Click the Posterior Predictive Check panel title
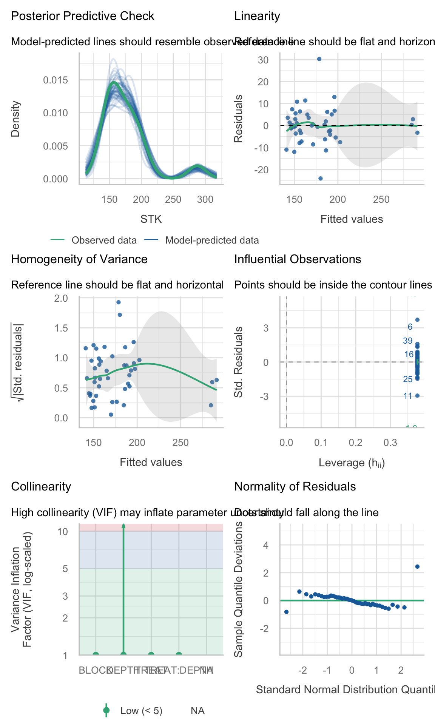point(83,16)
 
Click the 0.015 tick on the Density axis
point(55,80)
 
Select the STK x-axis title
point(151,219)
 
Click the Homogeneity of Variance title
point(79,259)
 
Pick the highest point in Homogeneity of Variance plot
point(118,302)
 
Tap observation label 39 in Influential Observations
point(408,341)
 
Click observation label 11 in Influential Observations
point(408,396)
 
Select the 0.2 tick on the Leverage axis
point(356,443)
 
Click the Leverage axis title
point(352,463)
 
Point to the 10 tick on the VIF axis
point(63,532)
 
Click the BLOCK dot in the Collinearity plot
point(96,655)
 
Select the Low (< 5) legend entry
point(141,711)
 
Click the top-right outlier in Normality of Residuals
point(417,566)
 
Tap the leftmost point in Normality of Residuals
point(286,612)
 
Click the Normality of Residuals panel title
point(295,487)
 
